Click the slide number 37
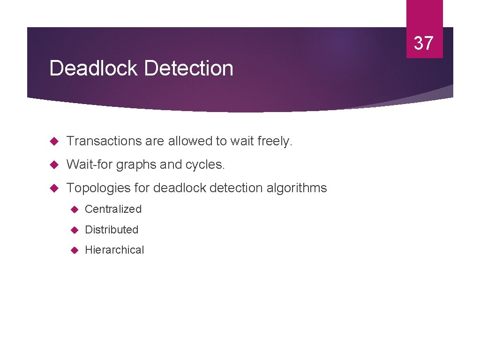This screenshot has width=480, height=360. [424, 43]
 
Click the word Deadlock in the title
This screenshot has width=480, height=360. [94, 68]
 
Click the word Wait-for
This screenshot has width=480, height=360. [90, 165]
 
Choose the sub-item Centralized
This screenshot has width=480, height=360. [113, 209]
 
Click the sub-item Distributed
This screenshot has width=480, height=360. [112, 230]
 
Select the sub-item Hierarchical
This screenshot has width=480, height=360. [114, 250]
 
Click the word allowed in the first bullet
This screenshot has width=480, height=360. [189, 141]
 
